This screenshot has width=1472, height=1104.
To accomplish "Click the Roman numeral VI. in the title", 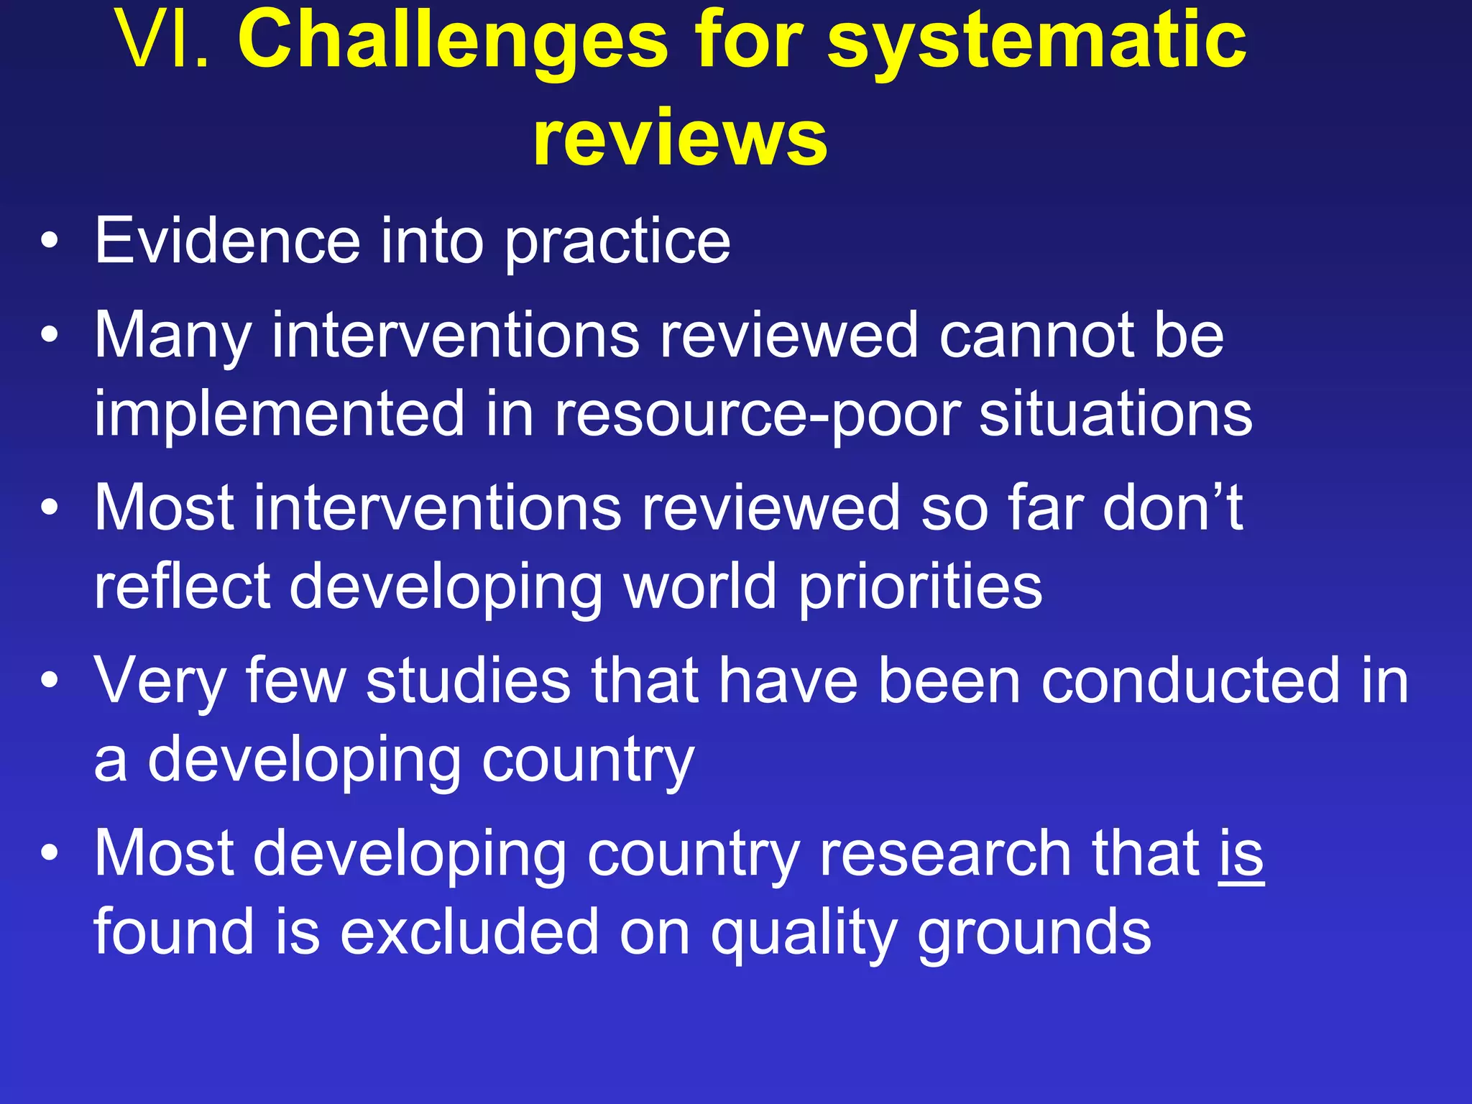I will [x=164, y=41].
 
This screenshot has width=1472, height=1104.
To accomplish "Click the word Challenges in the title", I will [x=453, y=41].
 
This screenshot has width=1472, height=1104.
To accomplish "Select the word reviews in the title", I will [x=680, y=137].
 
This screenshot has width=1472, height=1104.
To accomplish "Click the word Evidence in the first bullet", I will [x=227, y=241].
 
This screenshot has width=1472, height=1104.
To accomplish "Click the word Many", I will [x=172, y=336].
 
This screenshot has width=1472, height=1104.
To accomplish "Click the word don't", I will [x=1172, y=507].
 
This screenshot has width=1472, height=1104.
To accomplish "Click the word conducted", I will [x=1190, y=680].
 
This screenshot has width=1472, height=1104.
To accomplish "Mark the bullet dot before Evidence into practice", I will [x=49, y=242].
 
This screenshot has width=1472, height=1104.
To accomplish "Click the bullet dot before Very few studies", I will [x=49, y=681].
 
